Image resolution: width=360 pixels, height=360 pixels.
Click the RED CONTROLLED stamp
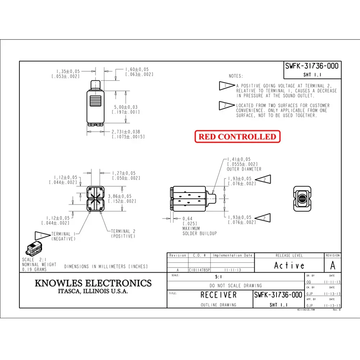coord(237,136)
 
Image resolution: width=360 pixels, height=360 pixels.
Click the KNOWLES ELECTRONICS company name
coord(93,283)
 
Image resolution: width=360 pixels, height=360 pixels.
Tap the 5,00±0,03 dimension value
coord(126,107)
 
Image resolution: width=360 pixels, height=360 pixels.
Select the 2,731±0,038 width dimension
coord(126,132)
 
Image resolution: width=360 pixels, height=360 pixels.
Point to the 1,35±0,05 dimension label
coord(68,71)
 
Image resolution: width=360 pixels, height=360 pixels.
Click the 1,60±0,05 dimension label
coord(137,69)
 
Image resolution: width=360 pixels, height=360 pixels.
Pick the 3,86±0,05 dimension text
coord(120,196)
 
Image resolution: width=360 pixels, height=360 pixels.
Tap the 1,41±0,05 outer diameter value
coord(239,159)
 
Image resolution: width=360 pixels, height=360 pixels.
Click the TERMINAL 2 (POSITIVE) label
coord(123,234)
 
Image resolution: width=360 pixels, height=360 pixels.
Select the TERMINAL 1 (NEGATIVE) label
coord(63,237)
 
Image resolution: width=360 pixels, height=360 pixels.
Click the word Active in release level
coord(289,266)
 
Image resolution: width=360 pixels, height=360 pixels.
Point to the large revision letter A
coord(333,265)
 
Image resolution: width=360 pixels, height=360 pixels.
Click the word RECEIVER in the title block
coord(219,295)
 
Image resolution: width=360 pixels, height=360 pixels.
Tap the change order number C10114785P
coord(199,270)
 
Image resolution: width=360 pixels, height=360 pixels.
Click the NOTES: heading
coord(236,76)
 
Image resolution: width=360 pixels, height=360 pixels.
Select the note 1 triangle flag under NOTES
coord(227,86)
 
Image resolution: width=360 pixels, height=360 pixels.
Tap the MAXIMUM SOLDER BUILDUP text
coord(199,231)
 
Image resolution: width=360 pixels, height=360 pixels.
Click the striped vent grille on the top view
coord(95,101)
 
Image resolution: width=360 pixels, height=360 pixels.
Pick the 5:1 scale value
coord(219,277)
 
